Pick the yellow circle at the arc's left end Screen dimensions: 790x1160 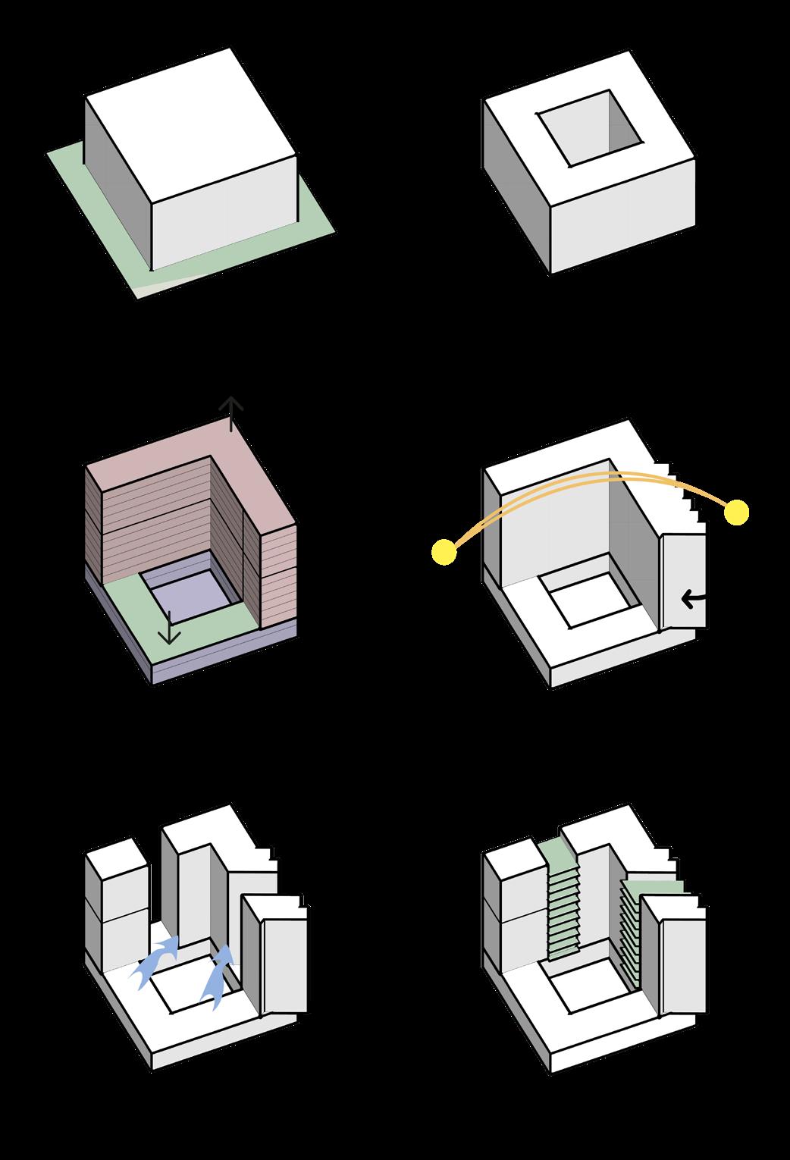[444, 553]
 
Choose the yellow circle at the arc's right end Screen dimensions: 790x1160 [736, 513]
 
